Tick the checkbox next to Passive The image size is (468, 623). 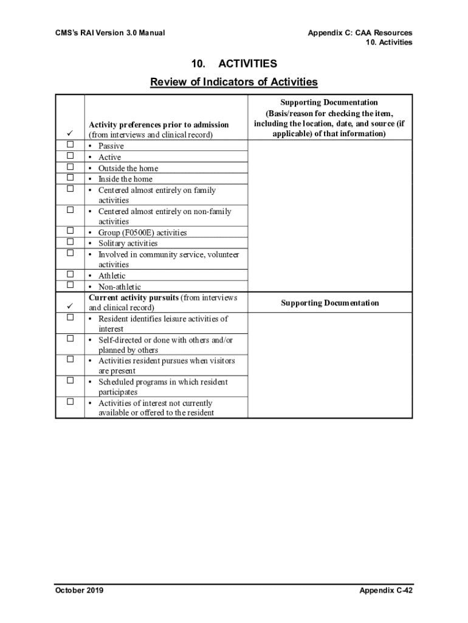pyautogui.click(x=70, y=145)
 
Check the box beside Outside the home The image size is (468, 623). pyautogui.click(x=70, y=167)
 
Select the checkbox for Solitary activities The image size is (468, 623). pyautogui.click(x=70, y=242)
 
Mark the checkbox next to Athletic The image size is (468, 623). pyautogui.click(x=70, y=274)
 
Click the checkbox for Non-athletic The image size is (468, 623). pyautogui.click(x=70, y=285)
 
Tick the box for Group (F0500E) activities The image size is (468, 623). pyautogui.click(x=70, y=231)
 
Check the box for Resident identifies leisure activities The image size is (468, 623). pyautogui.click(x=70, y=318)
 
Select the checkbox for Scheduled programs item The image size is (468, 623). pyautogui.click(x=70, y=381)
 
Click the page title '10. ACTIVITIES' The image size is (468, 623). pyautogui.click(x=234, y=64)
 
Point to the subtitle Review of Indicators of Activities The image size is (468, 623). pyautogui.click(x=234, y=82)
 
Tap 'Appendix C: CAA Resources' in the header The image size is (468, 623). pyautogui.click(x=360, y=32)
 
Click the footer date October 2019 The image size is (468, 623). pyautogui.click(x=79, y=590)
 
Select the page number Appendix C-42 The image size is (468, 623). pyautogui.click(x=385, y=590)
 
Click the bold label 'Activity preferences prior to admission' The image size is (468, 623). pyautogui.click(x=159, y=125)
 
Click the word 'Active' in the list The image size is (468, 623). pyautogui.click(x=109, y=157)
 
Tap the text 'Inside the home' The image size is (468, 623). pyautogui.click(x=125, y=179)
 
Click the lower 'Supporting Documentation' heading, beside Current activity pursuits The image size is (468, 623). pyautogui.click(x=329, y=303)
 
